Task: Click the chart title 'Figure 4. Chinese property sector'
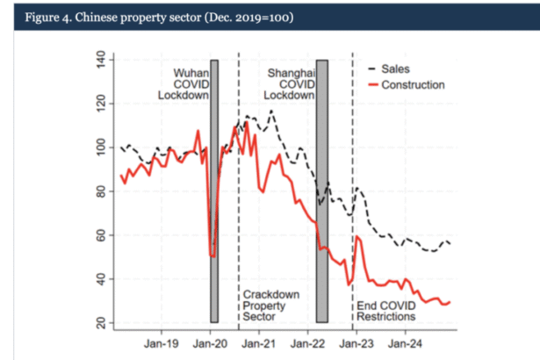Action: (154, 18)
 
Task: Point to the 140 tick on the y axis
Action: (99, 61)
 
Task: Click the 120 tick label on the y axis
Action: (99, 104)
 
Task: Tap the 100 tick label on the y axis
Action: (99, 148)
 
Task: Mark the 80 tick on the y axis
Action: (99, 192)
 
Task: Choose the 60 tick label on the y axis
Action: (99, 235)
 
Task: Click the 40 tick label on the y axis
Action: (99, 279)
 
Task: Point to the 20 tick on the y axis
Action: (99, 323)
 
